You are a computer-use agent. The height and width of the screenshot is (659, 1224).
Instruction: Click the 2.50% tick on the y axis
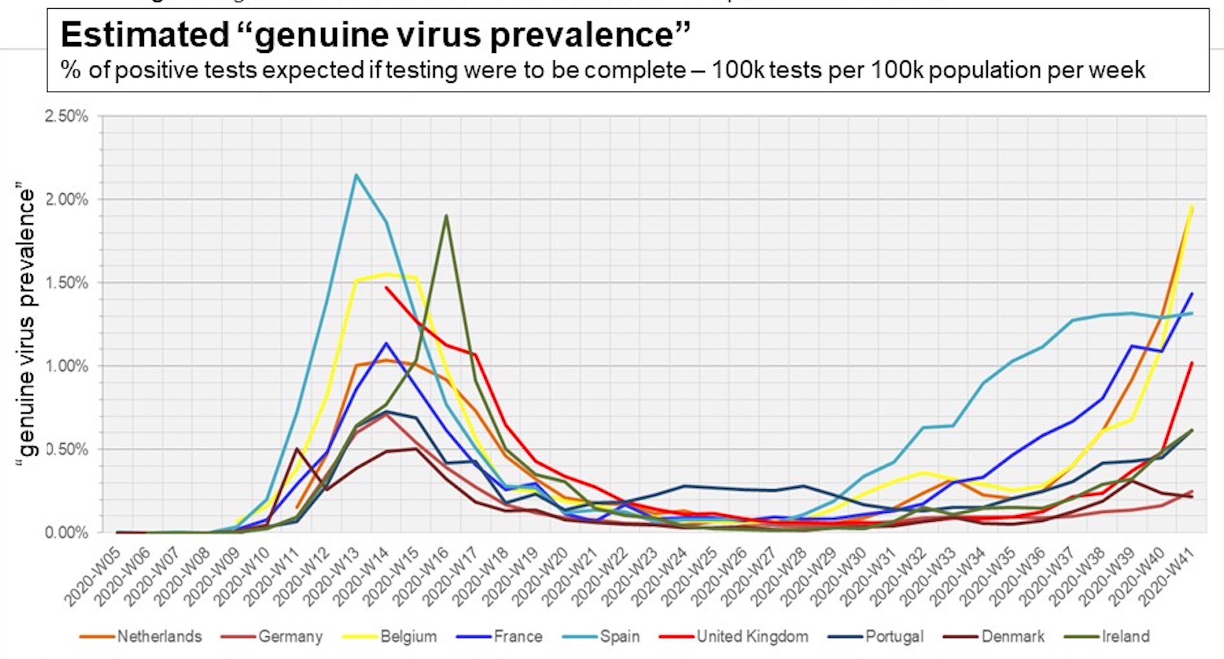(x=66, y=116)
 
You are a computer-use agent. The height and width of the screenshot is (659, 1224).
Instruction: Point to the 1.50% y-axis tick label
(x=66, y=283)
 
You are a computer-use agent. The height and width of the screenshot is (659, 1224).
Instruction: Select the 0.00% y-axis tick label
(x=66, y=533)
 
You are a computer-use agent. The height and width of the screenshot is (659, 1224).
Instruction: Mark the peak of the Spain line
(x=356, y=175)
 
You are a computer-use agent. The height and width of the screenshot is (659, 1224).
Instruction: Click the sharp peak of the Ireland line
(x=446, y=215)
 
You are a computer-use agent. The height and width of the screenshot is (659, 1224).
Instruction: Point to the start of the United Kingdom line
(x=386, y=287)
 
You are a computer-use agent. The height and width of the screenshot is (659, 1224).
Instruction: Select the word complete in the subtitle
(x=635, y=70)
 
